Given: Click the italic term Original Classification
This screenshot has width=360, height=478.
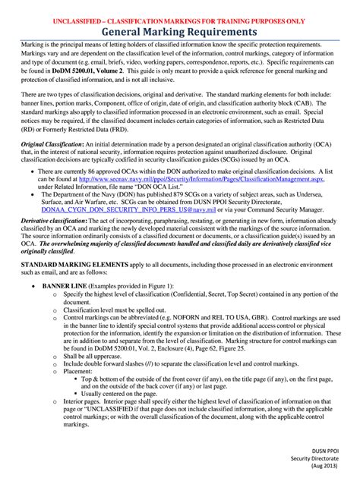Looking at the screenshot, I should click(x=52, y=144).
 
